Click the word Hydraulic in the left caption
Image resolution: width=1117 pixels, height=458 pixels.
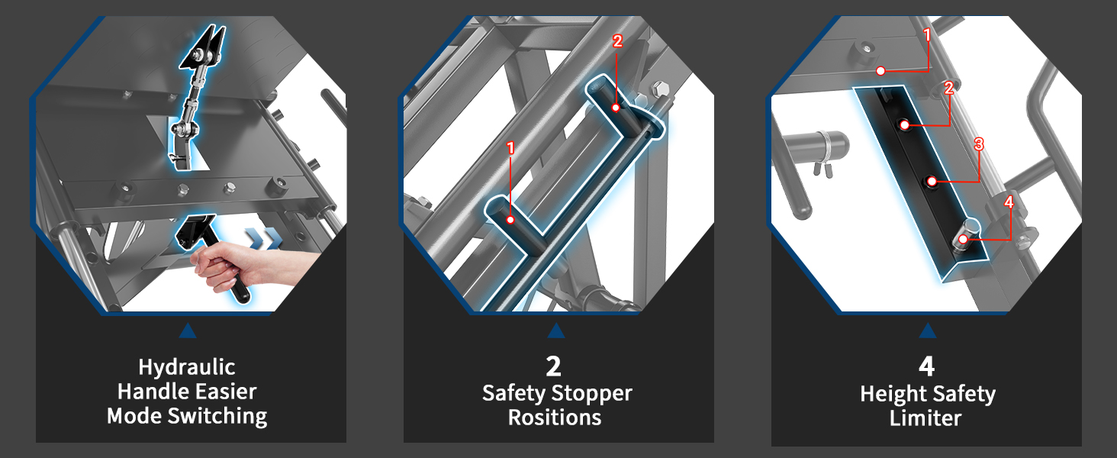tap(186, 368)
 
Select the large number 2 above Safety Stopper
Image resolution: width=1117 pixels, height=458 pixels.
tap(553, 366)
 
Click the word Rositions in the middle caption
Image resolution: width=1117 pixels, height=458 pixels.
tap(555, 418)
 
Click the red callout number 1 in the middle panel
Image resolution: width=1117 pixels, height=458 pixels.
tap(510, 147)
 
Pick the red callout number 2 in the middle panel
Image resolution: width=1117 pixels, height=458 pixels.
tap(617, 41)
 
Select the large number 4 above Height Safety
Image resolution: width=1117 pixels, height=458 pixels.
tap(926, 366)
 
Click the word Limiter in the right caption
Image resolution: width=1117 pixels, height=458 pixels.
tap(925, 418)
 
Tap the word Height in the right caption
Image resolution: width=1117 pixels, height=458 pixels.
tap(890, 394)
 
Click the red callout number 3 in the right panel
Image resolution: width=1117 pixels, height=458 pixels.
tap(979, 145)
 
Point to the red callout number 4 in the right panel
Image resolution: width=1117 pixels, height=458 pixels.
tap(1009, 202)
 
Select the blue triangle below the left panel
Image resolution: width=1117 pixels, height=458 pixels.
tap(188, 331)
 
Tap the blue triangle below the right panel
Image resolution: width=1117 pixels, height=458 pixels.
tap(928, 331)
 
